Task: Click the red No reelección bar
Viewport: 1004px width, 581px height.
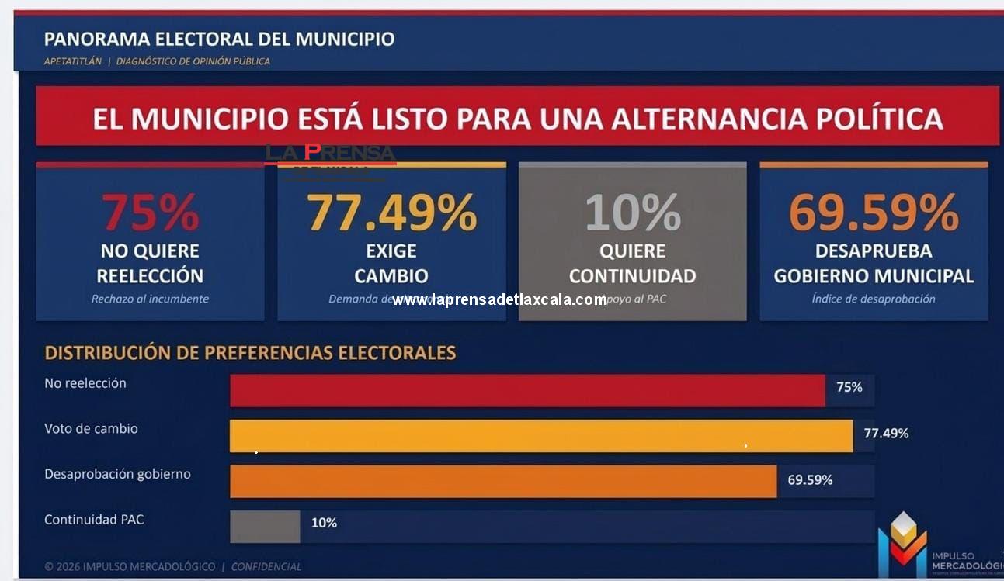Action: (527, 390)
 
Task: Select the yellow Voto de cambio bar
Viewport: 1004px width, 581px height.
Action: (540, 436)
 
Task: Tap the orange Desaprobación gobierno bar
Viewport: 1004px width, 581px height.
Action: (503, 482)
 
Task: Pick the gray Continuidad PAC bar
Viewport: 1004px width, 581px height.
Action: (265, 527)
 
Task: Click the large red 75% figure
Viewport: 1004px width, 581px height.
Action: (150, 213)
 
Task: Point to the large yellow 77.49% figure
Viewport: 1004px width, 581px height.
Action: (391, 213)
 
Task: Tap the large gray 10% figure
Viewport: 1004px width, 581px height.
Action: (632, 213)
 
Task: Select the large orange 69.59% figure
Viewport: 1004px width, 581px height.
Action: (874, 213)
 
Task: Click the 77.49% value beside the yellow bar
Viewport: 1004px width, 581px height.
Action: (886, 434)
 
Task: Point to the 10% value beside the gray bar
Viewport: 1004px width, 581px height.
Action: (324, 524)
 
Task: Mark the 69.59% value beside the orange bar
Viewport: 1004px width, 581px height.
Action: (810, 480)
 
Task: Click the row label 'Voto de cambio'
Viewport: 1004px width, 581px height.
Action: (91, 428)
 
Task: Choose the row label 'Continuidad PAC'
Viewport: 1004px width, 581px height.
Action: (94, 520)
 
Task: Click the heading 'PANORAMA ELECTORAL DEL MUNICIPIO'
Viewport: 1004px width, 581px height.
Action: (219, 39)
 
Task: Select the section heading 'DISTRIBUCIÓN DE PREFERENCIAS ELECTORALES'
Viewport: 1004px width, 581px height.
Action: (250, 353)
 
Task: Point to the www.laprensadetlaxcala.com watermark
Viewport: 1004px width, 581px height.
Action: (499, 299)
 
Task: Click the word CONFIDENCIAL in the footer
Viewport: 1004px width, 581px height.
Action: (266, 567)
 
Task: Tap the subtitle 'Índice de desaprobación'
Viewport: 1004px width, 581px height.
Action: (874, 299)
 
